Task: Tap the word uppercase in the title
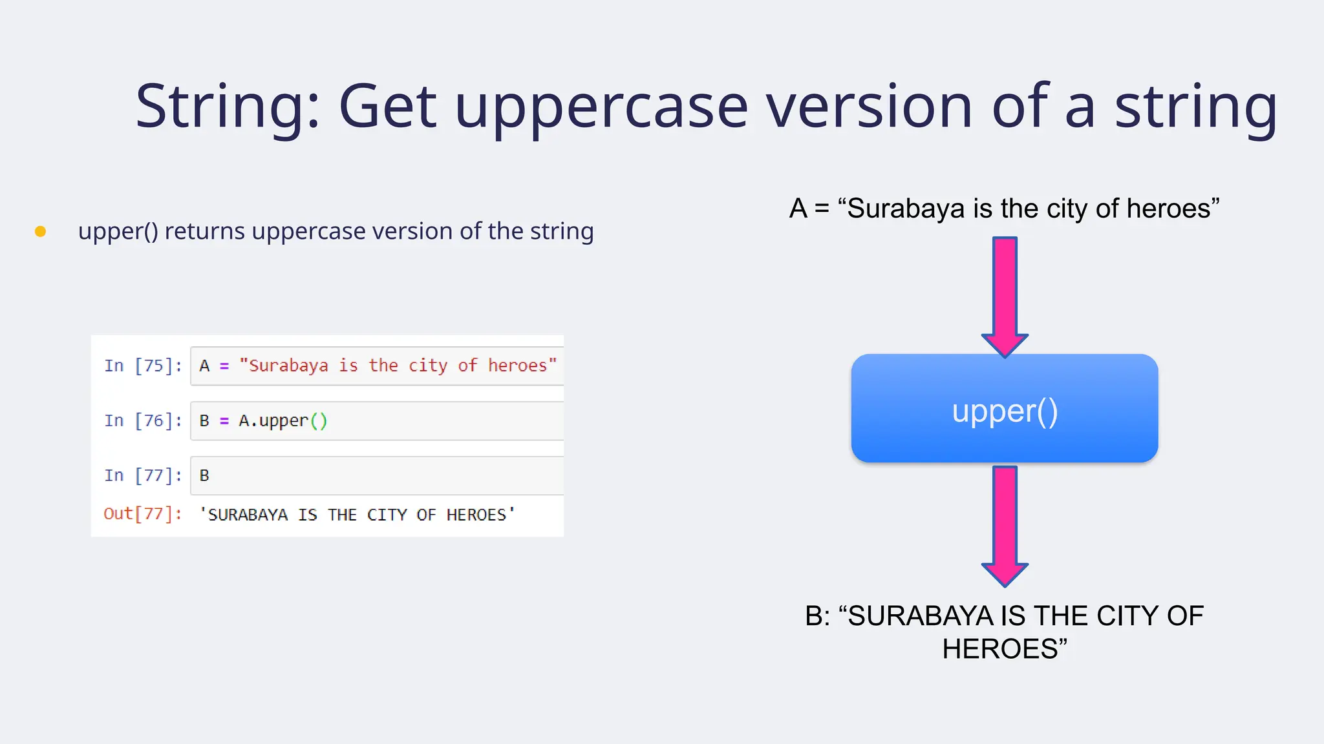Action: (x=601, y=107)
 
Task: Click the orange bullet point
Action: (x=40, y=231)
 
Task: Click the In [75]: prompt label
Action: (x=143, y=366)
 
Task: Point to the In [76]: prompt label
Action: (x=143, y=421)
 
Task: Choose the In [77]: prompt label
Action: (x=143, y=476)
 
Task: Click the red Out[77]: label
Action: (x=143, y=514)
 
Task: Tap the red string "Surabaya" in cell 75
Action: (x=284, y=366)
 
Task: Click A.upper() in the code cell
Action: (x=283, y=421)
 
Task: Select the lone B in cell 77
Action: (x=204, y=476)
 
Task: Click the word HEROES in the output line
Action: (x=476, y=515)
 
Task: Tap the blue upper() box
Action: (x=1004, y=409)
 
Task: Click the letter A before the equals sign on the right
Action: (x=798, y=209)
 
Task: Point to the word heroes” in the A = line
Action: (x=1173, y=209)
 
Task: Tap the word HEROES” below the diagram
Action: (x=1004, y=649)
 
